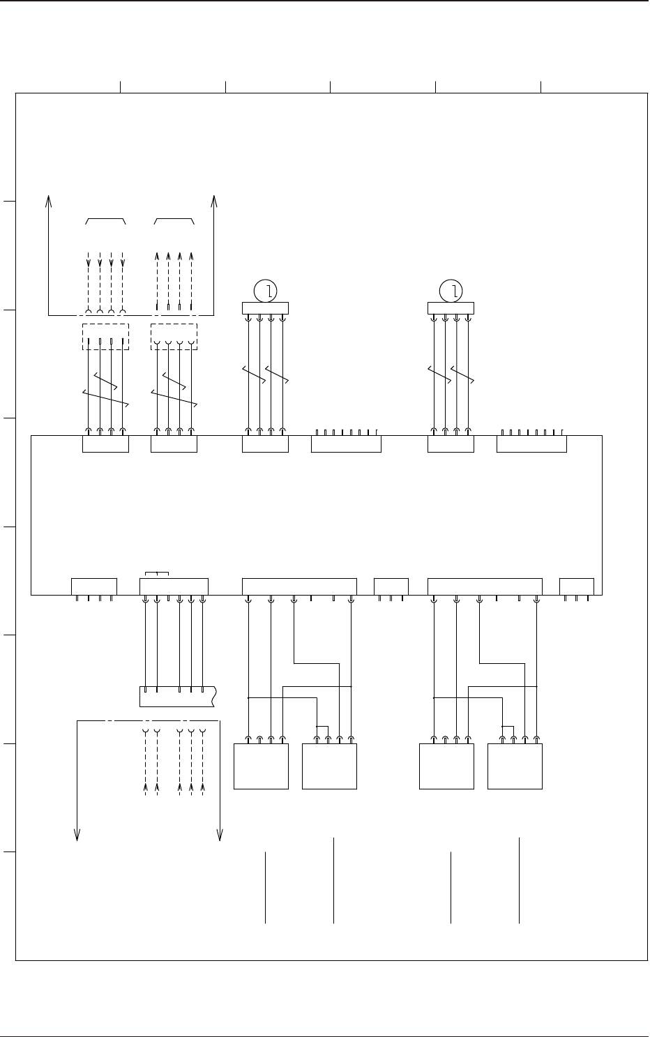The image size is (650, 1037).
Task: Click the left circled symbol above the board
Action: pos(265,291)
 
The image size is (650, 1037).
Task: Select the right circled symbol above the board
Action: pos(451,291)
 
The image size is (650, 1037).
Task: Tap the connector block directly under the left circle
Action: pos(265,308)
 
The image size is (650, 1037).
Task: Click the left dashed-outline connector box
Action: pos(105,336)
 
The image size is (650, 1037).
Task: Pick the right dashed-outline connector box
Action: pos(174,336)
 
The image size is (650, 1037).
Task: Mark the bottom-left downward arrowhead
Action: pos(77,834)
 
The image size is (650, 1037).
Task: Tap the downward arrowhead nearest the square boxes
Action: pos(220,834)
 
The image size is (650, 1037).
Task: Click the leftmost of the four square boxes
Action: pos(261,766)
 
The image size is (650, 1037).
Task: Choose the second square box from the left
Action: pos(329,766)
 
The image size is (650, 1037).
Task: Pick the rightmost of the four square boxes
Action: pos(515,766)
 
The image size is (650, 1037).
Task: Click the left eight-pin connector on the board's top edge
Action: pos(346,444)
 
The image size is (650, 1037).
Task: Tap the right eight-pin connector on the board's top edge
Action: pos(531,444)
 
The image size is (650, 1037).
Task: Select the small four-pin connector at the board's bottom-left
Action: pos(94,586)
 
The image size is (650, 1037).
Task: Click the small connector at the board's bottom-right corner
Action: pos(577,586)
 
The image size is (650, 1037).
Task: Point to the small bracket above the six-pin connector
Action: pos(156,574)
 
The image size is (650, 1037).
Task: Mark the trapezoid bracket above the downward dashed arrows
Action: pos(105,221)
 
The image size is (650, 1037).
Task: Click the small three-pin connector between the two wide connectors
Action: pos(391,586)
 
